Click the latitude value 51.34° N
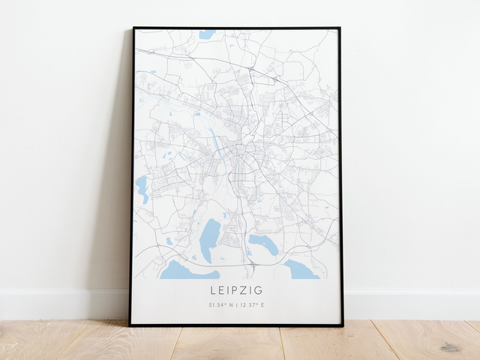tap(222, 305)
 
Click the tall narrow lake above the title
tap(210, 240)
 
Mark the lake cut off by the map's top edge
tap(207, 34)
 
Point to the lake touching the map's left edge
tap(141, 189)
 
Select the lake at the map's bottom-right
tap(300, 271)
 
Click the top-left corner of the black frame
tap(133, 28)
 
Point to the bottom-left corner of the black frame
tap(130, 325)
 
